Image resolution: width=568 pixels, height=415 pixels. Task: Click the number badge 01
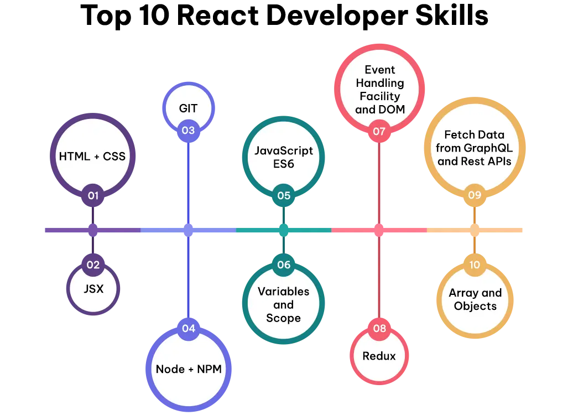pyautogui.click(x=93, y=195)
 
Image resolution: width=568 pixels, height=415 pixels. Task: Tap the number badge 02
pyautogui.click(x=93, y=264)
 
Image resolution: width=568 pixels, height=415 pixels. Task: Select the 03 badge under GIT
pyautogui.click(x=189, y=131)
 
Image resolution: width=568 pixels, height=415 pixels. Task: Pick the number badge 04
pyautogui.click(x=189, y=328)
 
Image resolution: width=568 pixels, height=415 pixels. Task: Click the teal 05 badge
pyautogui.click(x=284, y=195)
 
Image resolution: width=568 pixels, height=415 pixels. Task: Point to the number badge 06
pyautogui.click(x=284, y=264)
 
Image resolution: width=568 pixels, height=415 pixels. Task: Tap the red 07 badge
pyautogui.click(x=379, y=131)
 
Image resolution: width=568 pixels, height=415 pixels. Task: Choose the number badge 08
pyautogui.click(x=379, y=328)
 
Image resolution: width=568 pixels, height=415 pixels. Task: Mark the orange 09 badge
pyautogui.click(x=475, y=195)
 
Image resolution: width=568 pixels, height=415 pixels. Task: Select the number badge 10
pyautogui.click(x=475, y=264)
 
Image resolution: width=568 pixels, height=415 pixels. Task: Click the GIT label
pyautogui.click(x=189, y=108)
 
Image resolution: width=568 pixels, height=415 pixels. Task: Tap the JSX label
pyautogui.click(x=93, y=289)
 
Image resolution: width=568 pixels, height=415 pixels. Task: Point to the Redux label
pyautogui.click(x=379, y=356)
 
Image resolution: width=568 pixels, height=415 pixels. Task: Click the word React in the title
pyautogui.click(x=218, y=15)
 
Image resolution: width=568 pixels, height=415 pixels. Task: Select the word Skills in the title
pyautogui.click(x=452, y=15)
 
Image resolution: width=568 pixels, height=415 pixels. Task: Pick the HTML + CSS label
pyautogui.click(x=92, y=156)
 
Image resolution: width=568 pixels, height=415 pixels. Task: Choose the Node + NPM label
pyautogui.click(x=189, y=369)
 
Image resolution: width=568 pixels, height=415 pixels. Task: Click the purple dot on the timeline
pyautogui.click(x=93, y=230)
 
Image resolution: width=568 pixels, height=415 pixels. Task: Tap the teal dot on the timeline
pyautogui.click(x=284, y=230)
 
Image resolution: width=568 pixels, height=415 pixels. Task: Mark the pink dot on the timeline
pyautogui.click(x=379, y=230)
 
